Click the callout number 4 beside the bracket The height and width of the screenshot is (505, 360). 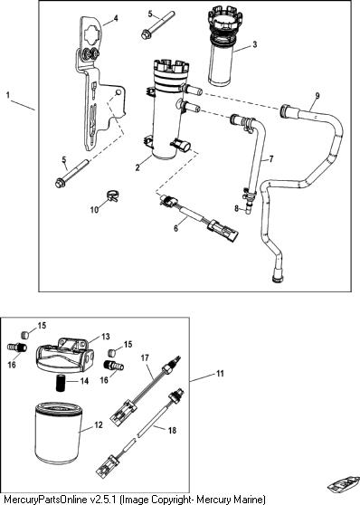tap(116, 18)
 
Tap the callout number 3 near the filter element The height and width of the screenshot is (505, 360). tap(255, 44)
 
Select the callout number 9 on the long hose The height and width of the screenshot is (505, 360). tap(317, 96)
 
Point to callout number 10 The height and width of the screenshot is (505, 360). tap(94, 210)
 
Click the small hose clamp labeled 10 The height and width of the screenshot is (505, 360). tap(112, 195)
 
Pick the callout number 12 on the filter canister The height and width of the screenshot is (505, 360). tap(99, 424)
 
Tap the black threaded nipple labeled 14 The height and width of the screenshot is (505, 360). tap(61, 383)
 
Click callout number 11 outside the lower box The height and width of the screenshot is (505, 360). tap(220, 374)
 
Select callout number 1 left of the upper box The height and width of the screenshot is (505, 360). tap(8, 95)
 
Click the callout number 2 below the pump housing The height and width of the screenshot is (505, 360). tap(137, 167)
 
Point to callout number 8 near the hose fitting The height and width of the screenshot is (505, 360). tap(237, 208)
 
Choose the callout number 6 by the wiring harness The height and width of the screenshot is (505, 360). tap(175, 228)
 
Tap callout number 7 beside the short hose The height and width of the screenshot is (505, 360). tap(271, 158)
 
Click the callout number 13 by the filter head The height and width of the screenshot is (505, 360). tap(106, 337)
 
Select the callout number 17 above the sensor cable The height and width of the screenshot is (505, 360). tap(145, 357)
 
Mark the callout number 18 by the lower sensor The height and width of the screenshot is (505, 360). tap(172, 430)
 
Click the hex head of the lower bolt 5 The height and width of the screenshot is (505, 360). tap(60, 183)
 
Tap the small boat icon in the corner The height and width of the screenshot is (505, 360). tap(343, 483)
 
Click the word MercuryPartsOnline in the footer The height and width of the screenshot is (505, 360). tap(46, 500)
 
